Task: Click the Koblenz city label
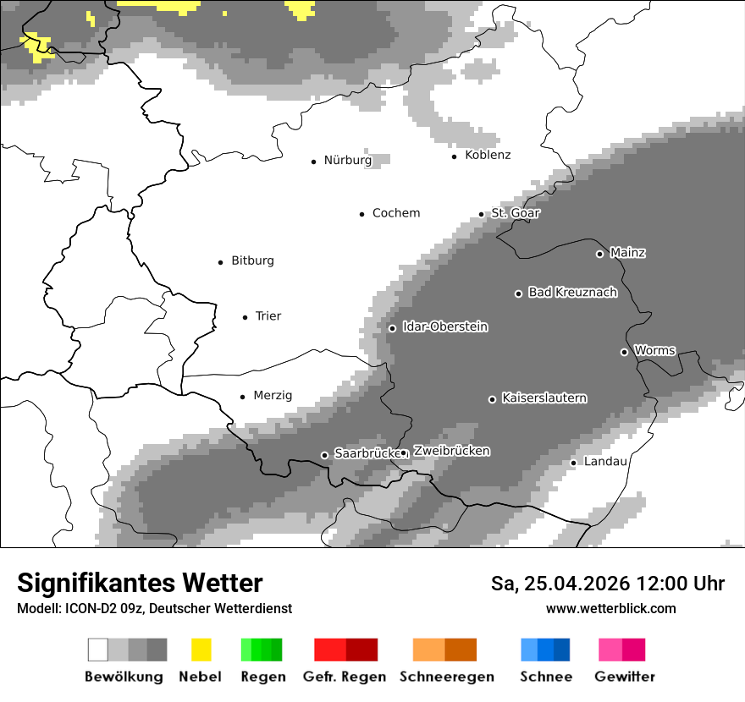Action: point(488,155)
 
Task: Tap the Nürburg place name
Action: point(347,160)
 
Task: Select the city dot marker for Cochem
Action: point(361,214)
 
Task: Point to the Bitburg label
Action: point(252,261)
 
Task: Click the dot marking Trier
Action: point(245,317)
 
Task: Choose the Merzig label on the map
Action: point(273,395)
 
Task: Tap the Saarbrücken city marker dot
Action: point(324,455)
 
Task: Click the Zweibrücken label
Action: point(451,451)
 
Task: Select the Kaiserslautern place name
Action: point(544,398)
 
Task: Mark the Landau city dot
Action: point(573,463)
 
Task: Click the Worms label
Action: point(654,350)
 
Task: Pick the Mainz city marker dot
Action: point(599,254)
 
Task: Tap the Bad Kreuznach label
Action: point(572,292)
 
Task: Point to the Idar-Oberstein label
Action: point(444,326)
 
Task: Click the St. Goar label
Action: point(515,213)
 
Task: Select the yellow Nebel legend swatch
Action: point(201,650)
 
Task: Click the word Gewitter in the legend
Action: point(624,677)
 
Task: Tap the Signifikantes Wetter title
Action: point(140,583)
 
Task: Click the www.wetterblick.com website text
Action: point(610,608)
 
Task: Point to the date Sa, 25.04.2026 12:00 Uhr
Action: point(607,584)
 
